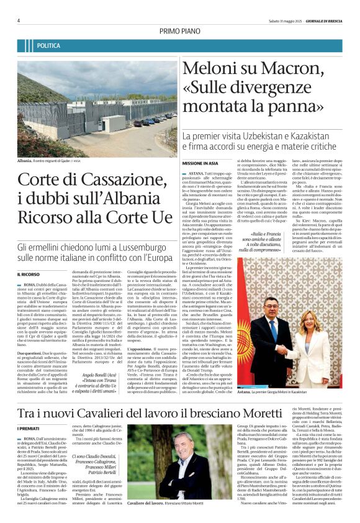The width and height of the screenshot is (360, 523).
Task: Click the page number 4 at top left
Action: [19, 20]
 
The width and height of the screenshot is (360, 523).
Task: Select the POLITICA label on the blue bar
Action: [48, 46]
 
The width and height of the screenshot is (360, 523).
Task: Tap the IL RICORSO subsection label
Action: [28, 274]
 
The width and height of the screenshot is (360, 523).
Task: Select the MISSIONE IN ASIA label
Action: [202, 162]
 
